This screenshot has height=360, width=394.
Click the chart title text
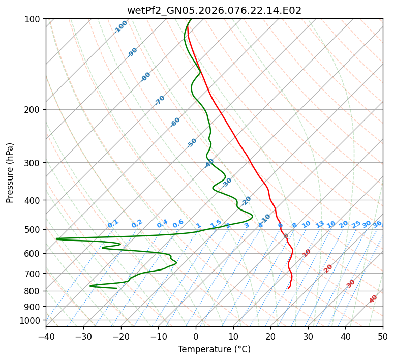(214, 10)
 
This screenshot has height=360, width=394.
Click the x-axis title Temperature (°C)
(214, 349)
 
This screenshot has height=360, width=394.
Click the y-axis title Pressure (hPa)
(10, 173)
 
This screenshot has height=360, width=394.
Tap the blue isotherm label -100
(121, 27)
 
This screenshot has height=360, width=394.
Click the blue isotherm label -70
(160, 100)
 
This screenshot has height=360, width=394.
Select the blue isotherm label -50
(192, 143)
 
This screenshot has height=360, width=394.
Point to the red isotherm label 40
(373, 299)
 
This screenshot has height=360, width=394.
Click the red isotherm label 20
(328, 268)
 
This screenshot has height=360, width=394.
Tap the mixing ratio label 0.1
(113, 224)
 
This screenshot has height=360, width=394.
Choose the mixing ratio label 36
(377, 224)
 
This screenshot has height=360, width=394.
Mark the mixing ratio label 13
(320, 224)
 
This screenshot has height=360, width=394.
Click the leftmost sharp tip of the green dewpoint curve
(56, 238)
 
